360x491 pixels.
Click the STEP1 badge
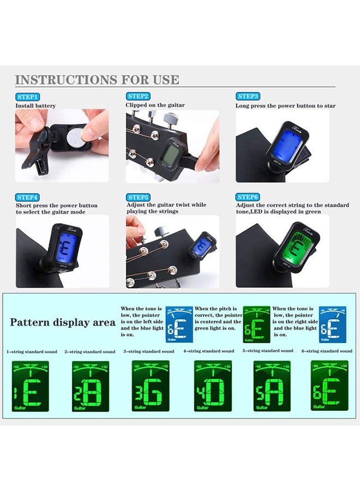click(x=27, y=97)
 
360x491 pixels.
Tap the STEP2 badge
click(x=138, y=97)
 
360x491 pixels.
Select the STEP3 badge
click(x=248, y=97)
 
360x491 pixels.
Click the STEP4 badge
click(x=27, y=197)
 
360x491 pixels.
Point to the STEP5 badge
click(x=138, y=197)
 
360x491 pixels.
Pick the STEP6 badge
click(x=248, y=197)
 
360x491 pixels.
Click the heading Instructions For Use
click(x=97, y=80)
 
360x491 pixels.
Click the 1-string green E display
click(x=31, y=386)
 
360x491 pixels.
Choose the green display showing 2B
click(x=91, y=386)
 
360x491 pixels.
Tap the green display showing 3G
click(x=151, y=386)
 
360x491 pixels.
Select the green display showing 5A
click(x=272, y=386)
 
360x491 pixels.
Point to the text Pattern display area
click(x=63, y=322)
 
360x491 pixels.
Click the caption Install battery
click(x=35, y=106)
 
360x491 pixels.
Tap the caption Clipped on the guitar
click(x=155, y=105)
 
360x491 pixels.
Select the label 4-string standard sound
click(x=208, y=351)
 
